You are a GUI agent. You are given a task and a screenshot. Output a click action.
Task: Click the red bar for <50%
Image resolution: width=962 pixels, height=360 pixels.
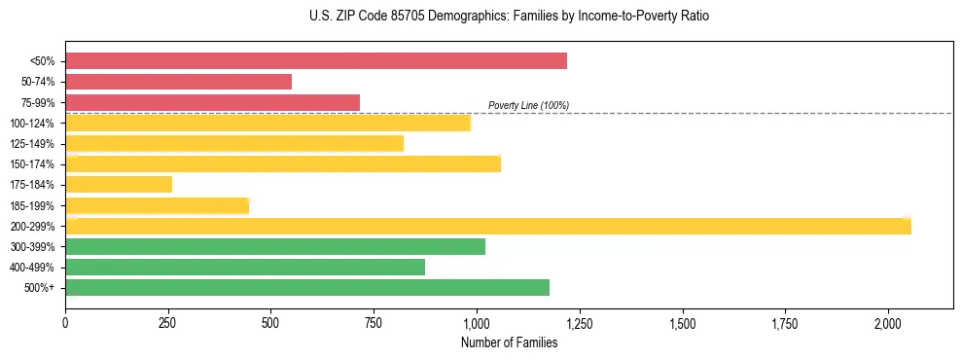coord(316,61)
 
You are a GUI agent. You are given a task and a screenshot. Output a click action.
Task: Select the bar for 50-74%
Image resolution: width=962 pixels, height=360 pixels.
coord(179,82)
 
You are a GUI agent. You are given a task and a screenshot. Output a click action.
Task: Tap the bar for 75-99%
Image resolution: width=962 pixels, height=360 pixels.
coord(212,102)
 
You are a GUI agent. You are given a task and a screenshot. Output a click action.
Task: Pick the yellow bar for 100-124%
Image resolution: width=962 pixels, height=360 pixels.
coord(268,123)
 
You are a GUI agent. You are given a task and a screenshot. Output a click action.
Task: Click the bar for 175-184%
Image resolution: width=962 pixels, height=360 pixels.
coord(119,184)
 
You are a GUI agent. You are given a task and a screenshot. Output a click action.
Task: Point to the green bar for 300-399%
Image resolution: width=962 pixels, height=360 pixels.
coord(275,246)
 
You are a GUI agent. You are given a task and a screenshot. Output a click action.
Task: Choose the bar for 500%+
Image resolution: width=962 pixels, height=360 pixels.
coord(307,287)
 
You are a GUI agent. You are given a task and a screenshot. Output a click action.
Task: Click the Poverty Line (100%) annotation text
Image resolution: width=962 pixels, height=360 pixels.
coord(528,105)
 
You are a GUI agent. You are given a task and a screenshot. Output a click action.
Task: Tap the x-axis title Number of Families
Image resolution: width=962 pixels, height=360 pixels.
coord(509,342)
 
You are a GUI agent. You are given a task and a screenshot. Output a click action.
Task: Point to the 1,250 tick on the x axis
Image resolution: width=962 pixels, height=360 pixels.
coord(580,323)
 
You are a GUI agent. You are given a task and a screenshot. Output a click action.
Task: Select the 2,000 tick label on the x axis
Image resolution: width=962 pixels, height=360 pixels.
coord(888,323)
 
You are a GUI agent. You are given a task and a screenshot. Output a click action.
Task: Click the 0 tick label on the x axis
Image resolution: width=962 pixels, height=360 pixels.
coord(65,323)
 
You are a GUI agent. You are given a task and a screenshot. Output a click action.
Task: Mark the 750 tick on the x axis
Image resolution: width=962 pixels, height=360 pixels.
coord(374,323)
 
